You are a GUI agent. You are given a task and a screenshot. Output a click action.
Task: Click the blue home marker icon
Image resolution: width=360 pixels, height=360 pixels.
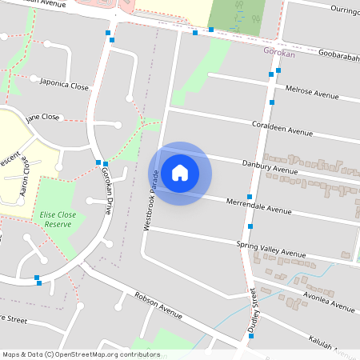point(180,173)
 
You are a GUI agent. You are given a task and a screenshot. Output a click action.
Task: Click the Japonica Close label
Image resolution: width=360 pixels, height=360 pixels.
point(63,85)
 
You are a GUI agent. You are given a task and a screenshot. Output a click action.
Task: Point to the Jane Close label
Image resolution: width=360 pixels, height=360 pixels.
point(42,118)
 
